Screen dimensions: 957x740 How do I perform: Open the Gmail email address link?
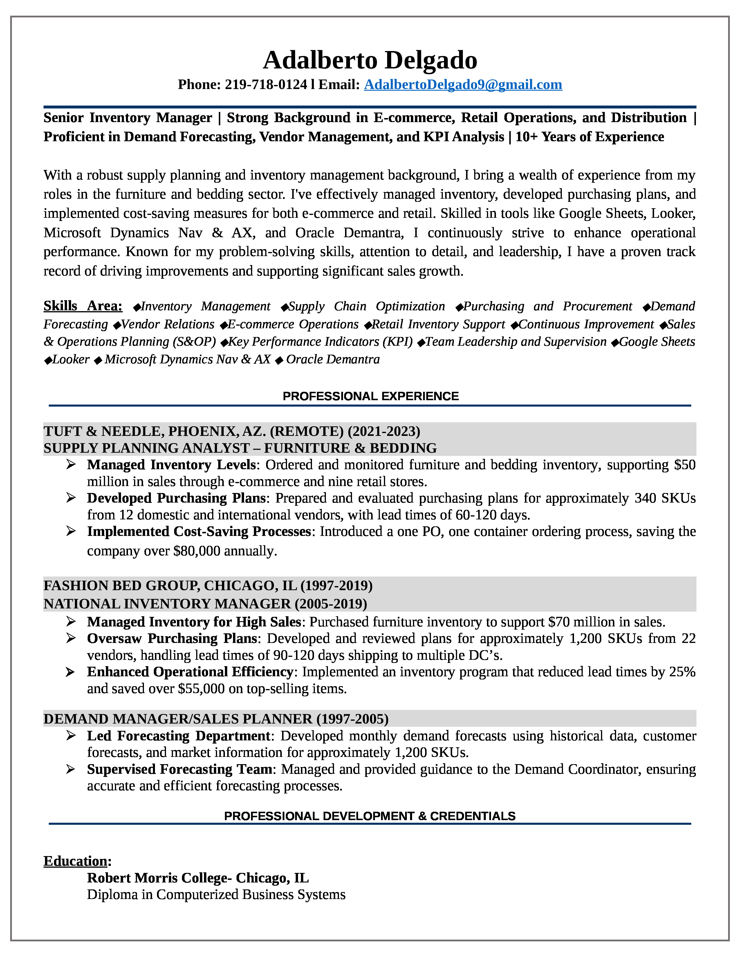pyautogui.click(x=463, y=85)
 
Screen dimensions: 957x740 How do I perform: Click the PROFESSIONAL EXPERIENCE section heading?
pyautogui.click(x=371, y=396)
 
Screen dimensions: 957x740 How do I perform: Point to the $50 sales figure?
pyautogui.click(x=685, y=465)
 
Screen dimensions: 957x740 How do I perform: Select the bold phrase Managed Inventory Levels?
pyautogui.click(x=172, y=465)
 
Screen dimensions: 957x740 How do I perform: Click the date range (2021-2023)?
pyautogui.click(x=384, y=431)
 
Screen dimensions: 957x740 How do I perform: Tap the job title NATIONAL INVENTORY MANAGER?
pyautogui.click(x=167, y=604)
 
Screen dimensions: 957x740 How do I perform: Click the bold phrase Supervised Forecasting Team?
pyautogui.click(x=180, y=769)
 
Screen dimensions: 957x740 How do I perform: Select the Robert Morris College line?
pyautogui.click(x=198, y=878)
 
